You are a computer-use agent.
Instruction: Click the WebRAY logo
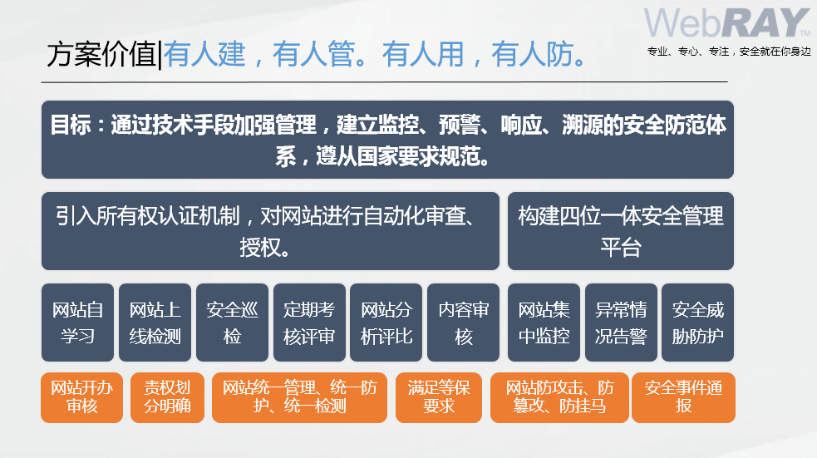pos(727,23)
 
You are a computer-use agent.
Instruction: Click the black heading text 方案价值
pos(101,54)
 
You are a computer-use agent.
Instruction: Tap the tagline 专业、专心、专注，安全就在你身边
pos(729,51)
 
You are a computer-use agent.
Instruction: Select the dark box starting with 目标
pos(387,140)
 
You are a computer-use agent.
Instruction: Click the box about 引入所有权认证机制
pos(270,231)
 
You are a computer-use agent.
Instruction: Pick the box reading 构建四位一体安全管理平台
pos(621,231)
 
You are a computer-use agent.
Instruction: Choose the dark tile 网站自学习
pos(77,323)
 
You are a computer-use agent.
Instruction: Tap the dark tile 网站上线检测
pos(155,323)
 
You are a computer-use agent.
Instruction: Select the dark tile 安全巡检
pos(233,323)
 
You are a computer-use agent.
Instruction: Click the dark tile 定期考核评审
pos(309,323)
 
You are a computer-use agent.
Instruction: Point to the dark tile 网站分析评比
pos(386,323)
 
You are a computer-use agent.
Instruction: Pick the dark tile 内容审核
pos(463,323)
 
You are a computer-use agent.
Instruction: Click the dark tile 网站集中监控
pos(544,323)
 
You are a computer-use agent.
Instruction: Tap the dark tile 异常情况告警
pos(621,323)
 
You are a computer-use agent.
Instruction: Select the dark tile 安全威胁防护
pos(697,323)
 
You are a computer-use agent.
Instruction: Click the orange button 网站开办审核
pos(81,397)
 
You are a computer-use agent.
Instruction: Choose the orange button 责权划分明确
pos(167,397)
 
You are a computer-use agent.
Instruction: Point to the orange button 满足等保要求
pos(439,397)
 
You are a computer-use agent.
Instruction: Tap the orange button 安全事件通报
pos(684,397)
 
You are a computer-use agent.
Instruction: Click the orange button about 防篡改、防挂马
pos(559,397)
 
